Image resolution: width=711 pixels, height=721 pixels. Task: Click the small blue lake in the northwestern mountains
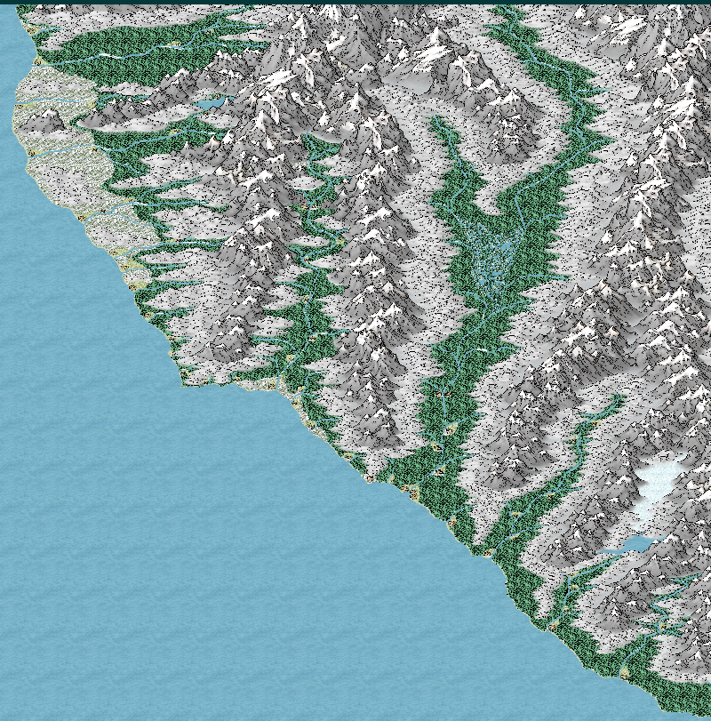(x=211, y=105)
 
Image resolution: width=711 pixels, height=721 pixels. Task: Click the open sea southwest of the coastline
(x=178, y=533)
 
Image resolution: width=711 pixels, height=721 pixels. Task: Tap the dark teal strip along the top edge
(x=355, y=2)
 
